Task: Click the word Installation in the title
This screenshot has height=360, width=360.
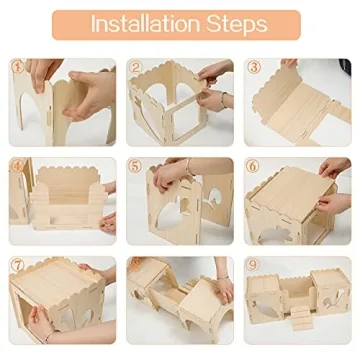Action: [144, 24]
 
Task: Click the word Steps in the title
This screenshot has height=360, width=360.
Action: [236, 24]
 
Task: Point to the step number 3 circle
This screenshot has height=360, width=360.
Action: [254, 68]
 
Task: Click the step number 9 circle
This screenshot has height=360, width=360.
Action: [254, 266]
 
